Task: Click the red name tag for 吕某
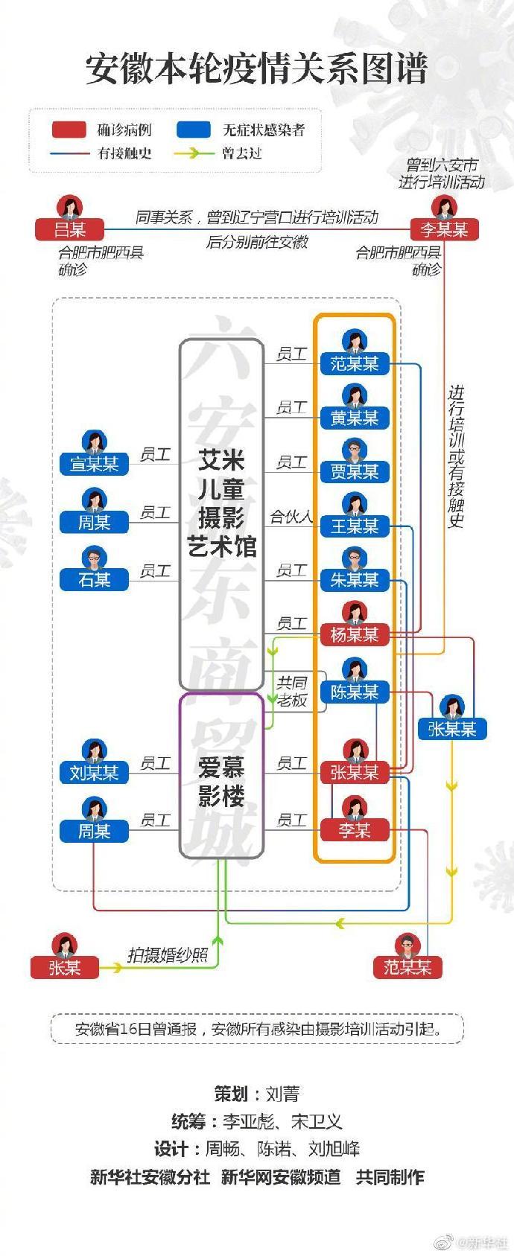coord(69,229)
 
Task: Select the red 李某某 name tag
coord(444,229)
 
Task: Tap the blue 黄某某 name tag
coord(355,418)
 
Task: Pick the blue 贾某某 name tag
coord(355,471)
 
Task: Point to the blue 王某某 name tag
coord(355,526)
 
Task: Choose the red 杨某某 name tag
coord(355,634)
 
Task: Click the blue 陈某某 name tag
coord(355,692)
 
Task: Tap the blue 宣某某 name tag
coord(94,464)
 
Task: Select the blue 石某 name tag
coord(94,579)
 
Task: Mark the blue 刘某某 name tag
coord(94,773)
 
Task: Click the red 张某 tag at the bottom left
coord(64,967)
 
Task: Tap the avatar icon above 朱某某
coord(355,558)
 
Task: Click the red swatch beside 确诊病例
coord(69,130)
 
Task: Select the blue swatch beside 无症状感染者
coord(194,130)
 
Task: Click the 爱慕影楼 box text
coord(221,782)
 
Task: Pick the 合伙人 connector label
coord(291,517)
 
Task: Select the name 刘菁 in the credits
coord(282,1094)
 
